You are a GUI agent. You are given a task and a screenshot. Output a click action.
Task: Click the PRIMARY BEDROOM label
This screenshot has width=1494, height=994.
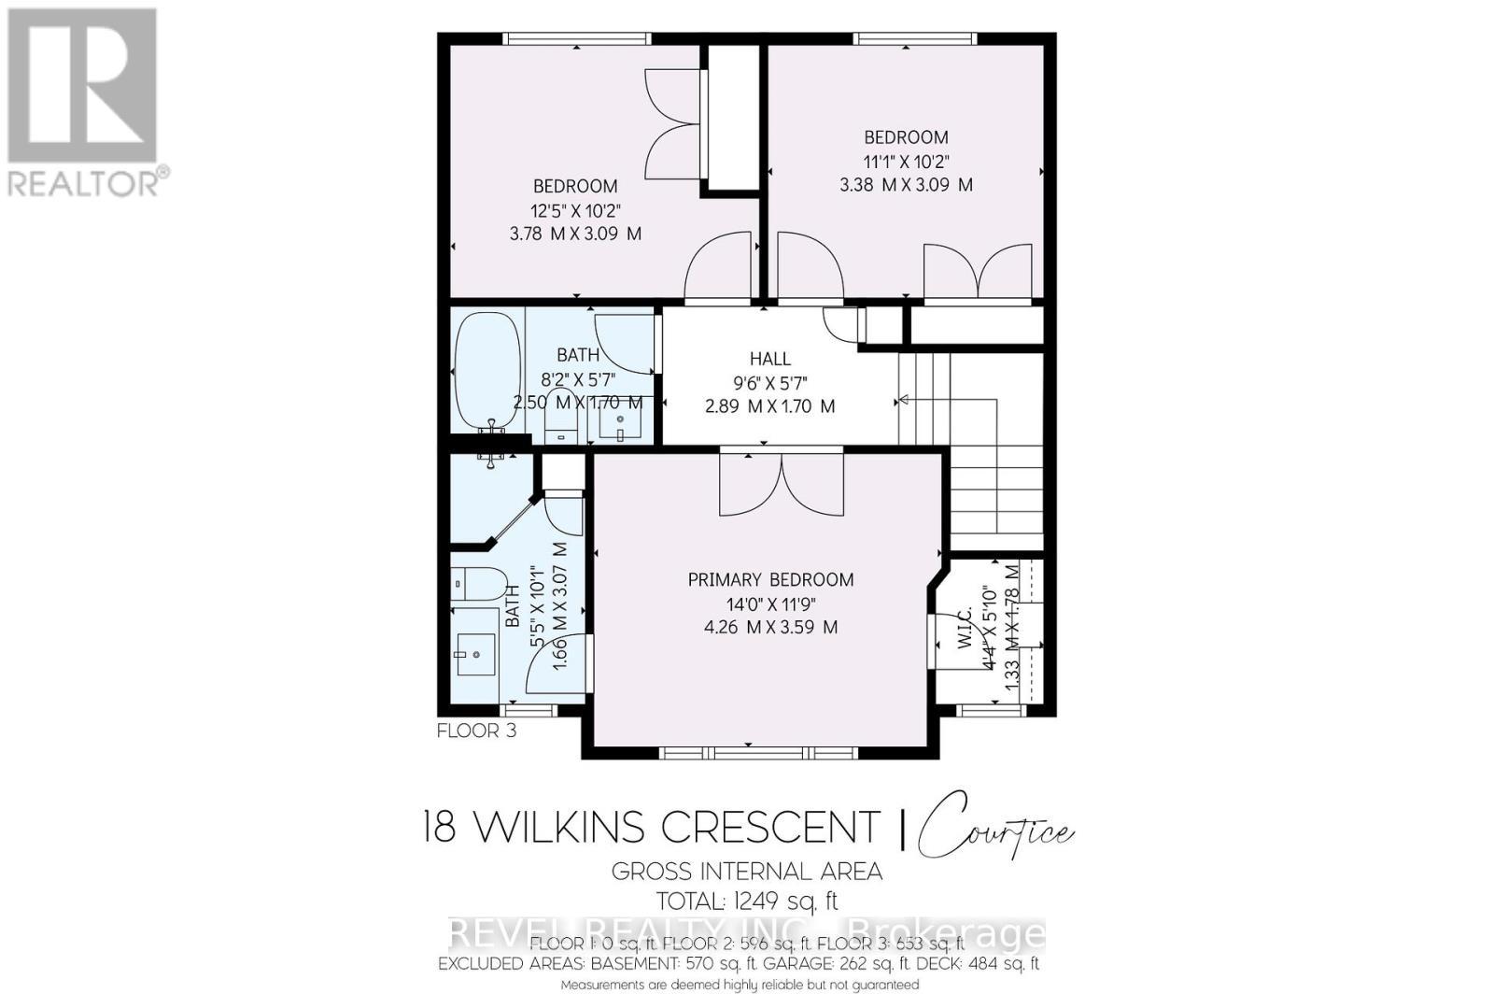[x=770, y=580]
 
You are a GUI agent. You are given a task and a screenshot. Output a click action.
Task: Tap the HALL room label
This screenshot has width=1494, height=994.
[x=769, y=359]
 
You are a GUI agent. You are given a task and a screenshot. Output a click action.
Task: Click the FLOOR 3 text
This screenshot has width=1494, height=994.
[x=476, y=731]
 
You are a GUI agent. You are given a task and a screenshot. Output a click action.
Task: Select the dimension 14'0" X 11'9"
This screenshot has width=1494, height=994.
[x=770, y=603]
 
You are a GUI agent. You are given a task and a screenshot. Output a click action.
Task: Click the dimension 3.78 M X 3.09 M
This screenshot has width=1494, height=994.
[x=575, y=234]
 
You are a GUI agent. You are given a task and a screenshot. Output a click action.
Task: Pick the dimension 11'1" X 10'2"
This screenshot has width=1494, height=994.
[x=906, y=161]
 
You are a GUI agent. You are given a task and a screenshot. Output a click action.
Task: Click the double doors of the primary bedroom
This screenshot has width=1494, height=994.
[x=782, y=484]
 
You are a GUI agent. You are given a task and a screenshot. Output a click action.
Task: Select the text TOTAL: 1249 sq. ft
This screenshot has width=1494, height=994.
[x=747, y=902]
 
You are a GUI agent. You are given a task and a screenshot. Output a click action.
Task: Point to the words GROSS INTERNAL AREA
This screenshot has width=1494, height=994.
[x=746, y=872]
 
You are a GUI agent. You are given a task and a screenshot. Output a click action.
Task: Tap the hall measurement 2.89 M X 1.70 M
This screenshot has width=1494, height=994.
[x=769, y=406]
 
